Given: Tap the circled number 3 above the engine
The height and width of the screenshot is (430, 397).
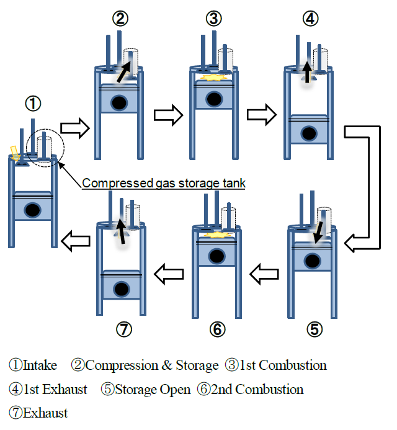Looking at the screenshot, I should click(x=214, y=19).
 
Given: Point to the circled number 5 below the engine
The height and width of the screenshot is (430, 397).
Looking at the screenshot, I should click(x=315, y=329).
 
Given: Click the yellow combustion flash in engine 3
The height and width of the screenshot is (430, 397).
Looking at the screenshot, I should click(x=213, y=79).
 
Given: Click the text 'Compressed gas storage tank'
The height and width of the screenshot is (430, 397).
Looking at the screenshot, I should click(x=164, y=183).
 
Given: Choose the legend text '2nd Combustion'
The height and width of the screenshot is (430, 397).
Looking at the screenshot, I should click(x=257, y=389).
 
